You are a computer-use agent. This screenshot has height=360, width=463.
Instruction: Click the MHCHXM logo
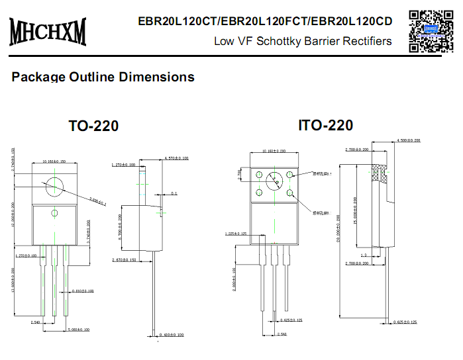tap(48, 30)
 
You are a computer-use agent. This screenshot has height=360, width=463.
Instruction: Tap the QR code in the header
tap(429, 30)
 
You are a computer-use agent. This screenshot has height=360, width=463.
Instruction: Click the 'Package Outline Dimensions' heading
tap(103, 77)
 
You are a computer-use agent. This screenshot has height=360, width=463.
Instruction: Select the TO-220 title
tap(94, 126)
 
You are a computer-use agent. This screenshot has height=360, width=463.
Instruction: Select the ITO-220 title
tap(326, 125)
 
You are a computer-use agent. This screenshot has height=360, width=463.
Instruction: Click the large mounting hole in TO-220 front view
tap(55, 187)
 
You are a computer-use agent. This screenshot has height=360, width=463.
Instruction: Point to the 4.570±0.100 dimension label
tap(176, 159)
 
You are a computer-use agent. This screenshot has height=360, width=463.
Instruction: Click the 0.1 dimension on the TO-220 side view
tap(174, 194)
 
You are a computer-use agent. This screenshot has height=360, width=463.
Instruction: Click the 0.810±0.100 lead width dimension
tap(82, 291)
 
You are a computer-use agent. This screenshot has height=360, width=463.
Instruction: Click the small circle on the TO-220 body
tap(55, 212)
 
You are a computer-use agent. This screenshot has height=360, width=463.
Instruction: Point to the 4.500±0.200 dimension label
tap(408, 141)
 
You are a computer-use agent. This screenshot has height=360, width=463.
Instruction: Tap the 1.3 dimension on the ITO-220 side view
tap(363, 255)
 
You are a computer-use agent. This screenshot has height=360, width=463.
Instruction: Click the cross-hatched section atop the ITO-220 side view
tap(380, 172)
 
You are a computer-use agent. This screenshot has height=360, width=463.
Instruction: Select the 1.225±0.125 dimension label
tap(236, 234)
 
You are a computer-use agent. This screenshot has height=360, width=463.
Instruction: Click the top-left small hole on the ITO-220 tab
tap(259, 176)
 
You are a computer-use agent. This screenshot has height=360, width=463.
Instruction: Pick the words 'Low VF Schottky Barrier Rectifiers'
tap(303, 41)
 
